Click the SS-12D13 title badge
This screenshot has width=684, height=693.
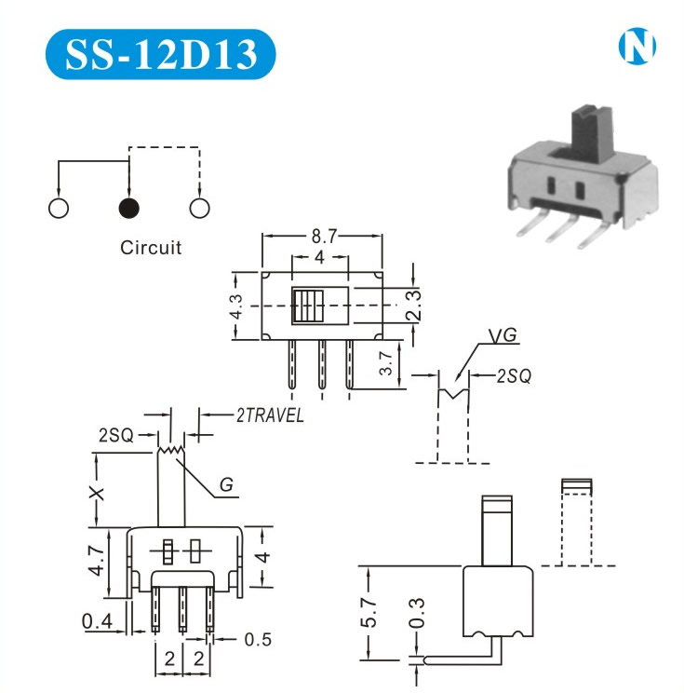click(160, 54)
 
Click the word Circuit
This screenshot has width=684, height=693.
click(151, 248)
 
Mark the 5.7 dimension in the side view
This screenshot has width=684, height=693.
click(371, 610)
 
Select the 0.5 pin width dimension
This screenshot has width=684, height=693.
click(257, 639)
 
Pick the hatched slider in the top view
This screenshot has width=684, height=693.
click(306, 306)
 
